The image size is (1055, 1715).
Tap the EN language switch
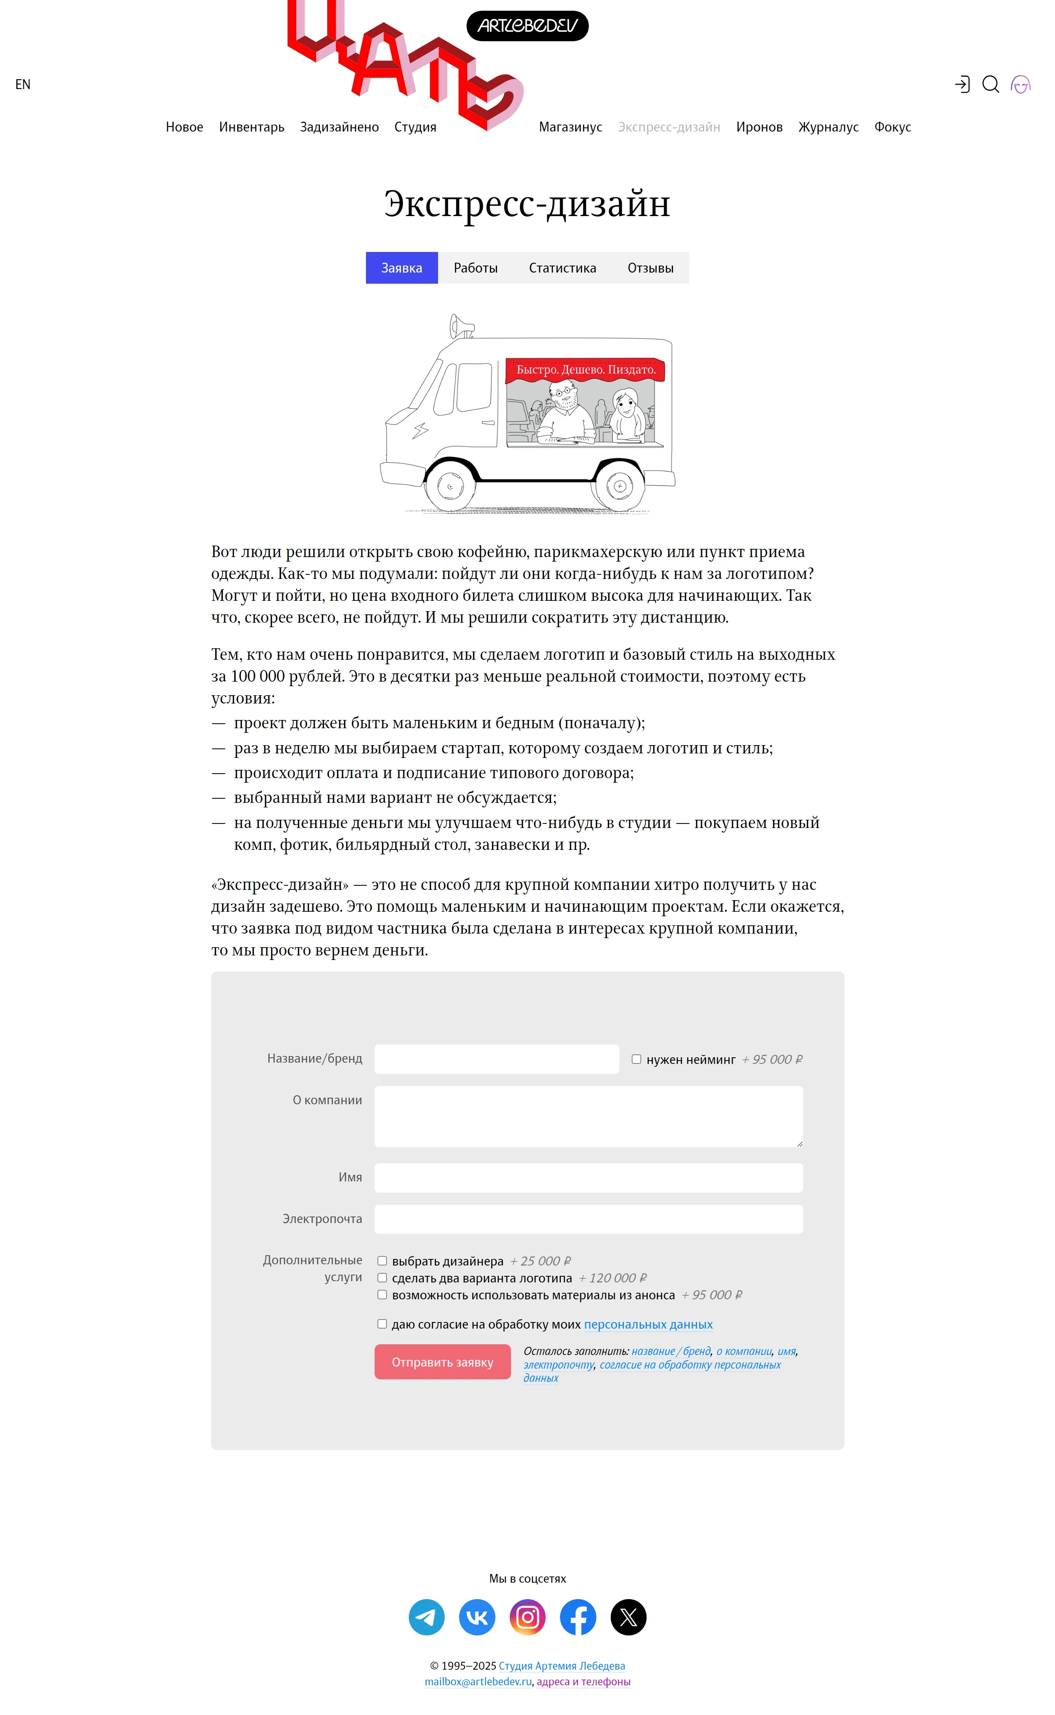point(23,85)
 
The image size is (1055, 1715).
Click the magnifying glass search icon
point(990,85)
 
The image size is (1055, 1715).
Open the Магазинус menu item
point(570,127)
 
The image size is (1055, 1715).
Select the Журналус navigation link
point(828,127)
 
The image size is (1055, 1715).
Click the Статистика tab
point(563,268)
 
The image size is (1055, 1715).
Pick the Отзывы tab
point(650,268)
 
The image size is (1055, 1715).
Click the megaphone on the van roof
point(460,326)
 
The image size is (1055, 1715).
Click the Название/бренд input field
point(496,1059)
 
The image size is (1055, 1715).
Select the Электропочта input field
point(588,1219)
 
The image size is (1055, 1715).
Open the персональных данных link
point(648,1324)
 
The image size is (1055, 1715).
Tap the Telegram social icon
point(426,1616)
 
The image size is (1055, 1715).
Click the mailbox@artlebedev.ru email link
point(478,1682)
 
